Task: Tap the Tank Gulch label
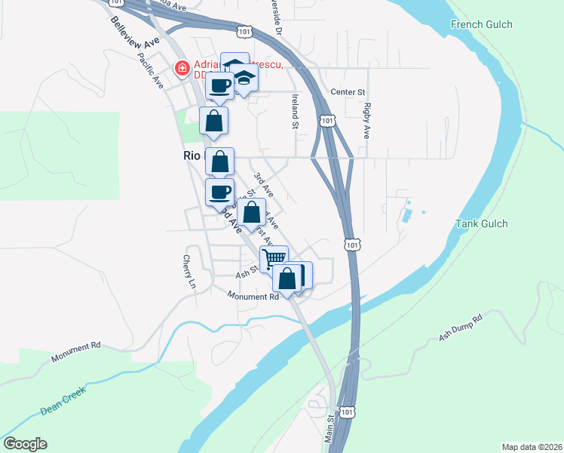pyautogui.click(x=481, y=223)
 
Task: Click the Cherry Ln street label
pyautogui.click(x=189, y=272)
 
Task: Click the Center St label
pyautogui.click(x=348, y=92)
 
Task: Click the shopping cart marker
pyautogui.click(x=274, y=257)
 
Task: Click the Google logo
pyautogui.click(x=25, y=444)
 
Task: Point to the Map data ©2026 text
pyautogui.click(x=531, y=446)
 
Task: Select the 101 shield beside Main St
pyautogui.click(x=347, y=412)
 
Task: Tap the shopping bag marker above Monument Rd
pyautogui.click(x=288, y=279)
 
